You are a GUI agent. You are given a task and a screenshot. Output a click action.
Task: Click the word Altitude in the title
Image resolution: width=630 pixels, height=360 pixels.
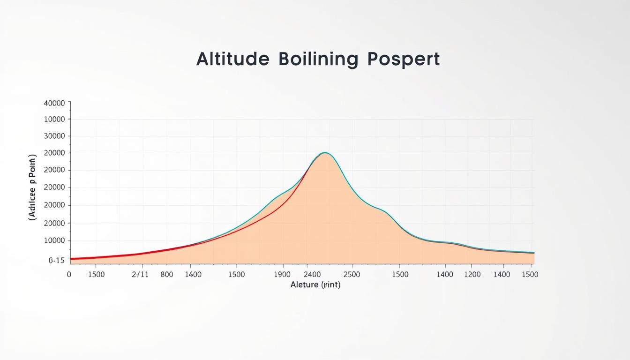(x=232, y=60)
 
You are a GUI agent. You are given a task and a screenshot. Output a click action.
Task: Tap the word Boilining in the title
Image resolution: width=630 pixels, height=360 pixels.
(x=318, y=60)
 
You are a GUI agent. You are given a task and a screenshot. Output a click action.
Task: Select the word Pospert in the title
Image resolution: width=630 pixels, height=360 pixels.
(x=404, y=60)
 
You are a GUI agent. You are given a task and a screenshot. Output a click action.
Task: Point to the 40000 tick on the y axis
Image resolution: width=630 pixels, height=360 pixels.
(x=54, y=103)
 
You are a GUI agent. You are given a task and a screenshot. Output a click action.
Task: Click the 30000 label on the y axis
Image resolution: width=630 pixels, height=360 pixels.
(x=54, y=136)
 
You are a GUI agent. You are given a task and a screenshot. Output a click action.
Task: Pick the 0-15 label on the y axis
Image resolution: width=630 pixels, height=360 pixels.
(x=56, y=261)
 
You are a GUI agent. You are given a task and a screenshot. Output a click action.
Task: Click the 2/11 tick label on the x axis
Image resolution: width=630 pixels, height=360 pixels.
(x=140, y=274)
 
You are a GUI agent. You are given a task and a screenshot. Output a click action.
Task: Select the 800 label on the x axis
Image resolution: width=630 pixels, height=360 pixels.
(x=166, y=274)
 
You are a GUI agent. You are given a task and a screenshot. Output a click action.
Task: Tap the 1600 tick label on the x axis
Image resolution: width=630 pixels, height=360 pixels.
(x=193, y=274)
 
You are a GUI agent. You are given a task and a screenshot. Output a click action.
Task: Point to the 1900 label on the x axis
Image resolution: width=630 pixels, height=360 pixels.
(x=282, y=274)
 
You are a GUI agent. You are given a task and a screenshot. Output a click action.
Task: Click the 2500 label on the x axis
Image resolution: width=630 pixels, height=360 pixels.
(x=352, y=274)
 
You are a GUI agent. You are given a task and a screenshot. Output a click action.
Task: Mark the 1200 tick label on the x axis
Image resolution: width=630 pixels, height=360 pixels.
(x=472, y=274)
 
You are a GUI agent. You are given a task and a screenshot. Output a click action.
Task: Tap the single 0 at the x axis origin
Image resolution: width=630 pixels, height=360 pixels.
(x=69, y=274)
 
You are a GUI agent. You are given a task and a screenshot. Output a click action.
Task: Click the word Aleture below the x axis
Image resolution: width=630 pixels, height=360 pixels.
(x=304, y=285)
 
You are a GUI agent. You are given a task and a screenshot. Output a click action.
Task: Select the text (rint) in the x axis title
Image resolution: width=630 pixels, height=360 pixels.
(x=330, y=285)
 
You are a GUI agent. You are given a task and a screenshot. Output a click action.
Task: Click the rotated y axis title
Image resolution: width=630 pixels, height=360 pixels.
(x=32, y=187)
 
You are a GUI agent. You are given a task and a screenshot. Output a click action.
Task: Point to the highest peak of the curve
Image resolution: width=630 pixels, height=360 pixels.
(x=324, y=153)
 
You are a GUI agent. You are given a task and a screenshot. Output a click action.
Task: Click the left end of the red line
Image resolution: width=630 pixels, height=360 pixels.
(x=71, y=258)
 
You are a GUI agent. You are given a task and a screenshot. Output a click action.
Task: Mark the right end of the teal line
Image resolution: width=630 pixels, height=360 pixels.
(x=533, y=252)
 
